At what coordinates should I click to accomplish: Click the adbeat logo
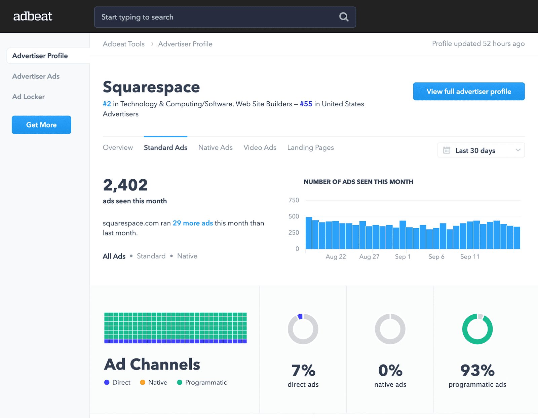(x=33, y=16)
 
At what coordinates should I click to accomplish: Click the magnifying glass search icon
(x=344, y=17)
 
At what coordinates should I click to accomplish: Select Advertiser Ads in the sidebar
(x=36, y=76)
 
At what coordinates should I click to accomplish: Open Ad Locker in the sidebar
(x=29, y=97)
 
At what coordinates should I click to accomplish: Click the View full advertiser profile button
(x=468, y=92)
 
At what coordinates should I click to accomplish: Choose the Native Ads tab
(x=215, y=147)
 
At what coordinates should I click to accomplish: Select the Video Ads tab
(x=260, y=147)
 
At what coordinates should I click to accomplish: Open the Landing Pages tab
(x=310, y=147)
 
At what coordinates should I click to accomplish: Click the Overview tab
(x=118, y=147)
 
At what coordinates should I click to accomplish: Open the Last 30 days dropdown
(x=481, y=150)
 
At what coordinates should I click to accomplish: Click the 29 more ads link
(x=193, y=223)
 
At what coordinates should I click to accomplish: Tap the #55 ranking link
(x=306, y=104)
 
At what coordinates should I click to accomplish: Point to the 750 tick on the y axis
(x=294, y=200)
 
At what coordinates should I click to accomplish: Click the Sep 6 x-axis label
(x=436, y=257)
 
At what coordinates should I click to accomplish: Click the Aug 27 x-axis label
(x=369, y=257)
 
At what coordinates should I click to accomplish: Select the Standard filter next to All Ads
(x=151, y=256)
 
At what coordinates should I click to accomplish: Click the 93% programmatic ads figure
(x=477, y=370)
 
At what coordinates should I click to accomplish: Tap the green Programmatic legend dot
(x=180, y=382)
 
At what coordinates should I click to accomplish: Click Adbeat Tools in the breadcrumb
(x=123, y=44)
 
